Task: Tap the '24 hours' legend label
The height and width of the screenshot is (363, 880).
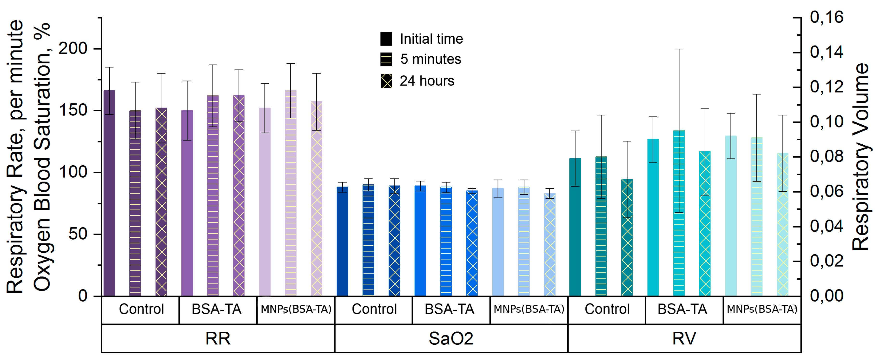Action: pyautogui.click(x=427, y=81)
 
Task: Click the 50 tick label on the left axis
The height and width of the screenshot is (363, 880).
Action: pyautogui.click(x=78, y=234)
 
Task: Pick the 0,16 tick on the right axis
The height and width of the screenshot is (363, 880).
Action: pyautogui.click(x=797, y=17)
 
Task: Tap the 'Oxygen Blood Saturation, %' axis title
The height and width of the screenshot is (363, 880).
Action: pyautogui.click(x=42, y=157)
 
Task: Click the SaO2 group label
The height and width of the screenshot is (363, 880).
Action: pyautogui.click(x=451, y=339)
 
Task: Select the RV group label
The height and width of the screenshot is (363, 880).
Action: pyautogui.click(x=684, y=339)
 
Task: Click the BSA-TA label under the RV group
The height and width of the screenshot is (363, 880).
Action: pyautogui.click(x=682, y=309)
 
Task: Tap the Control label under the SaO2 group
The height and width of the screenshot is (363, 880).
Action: pyautogui.click(x=374, y=309)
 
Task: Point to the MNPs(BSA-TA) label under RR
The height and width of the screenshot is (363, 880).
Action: pyautogui.click(x=296, y=309)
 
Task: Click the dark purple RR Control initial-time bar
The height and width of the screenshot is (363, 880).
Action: pyautogui.click(x=109, y=193)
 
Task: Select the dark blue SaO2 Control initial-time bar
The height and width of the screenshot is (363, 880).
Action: pyautogui.click(x=342, y=241)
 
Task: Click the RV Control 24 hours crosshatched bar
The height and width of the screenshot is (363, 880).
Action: pyautogui.click(x=627, y=238)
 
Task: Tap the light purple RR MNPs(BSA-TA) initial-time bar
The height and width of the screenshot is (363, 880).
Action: pyautogui.click(x=265, y=202)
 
